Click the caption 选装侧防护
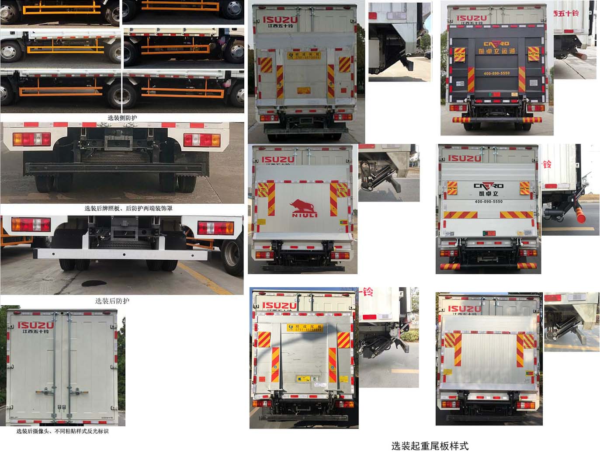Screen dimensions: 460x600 tap(122, 118)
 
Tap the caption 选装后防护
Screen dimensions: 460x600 tap(112, 301)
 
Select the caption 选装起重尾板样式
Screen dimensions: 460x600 tap(430, 446)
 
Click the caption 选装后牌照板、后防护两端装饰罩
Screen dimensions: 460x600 tap(128, 209)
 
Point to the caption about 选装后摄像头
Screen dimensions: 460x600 tap(62, 431)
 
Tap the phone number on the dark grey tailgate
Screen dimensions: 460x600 tap(496, 73)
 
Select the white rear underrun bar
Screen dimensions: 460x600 tap(122, 254)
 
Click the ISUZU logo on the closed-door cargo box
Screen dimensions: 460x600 tap(35, 325)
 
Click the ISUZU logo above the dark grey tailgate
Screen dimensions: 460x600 tap(472, 18)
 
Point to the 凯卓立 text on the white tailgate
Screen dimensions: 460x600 tap(488, 194)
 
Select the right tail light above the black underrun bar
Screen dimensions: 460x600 tap(202, 140)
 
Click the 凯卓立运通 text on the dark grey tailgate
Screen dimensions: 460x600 tap(496, 51)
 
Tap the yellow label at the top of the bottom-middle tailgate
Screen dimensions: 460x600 tap(305, 328)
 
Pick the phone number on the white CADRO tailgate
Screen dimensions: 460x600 tap(489, 202)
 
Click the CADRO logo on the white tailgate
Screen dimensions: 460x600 tap(488, 186)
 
